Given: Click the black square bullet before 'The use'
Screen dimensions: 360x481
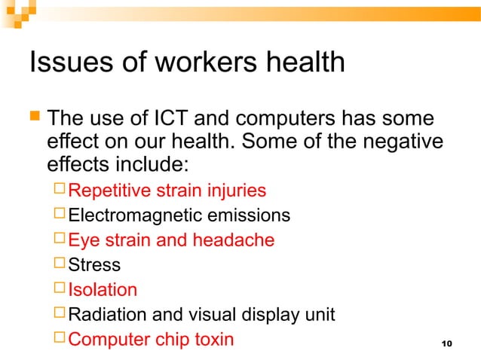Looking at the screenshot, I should coord(34,118).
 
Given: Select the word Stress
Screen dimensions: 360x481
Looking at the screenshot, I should coord(94,265).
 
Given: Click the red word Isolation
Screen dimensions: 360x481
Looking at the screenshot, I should coord(103,290).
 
